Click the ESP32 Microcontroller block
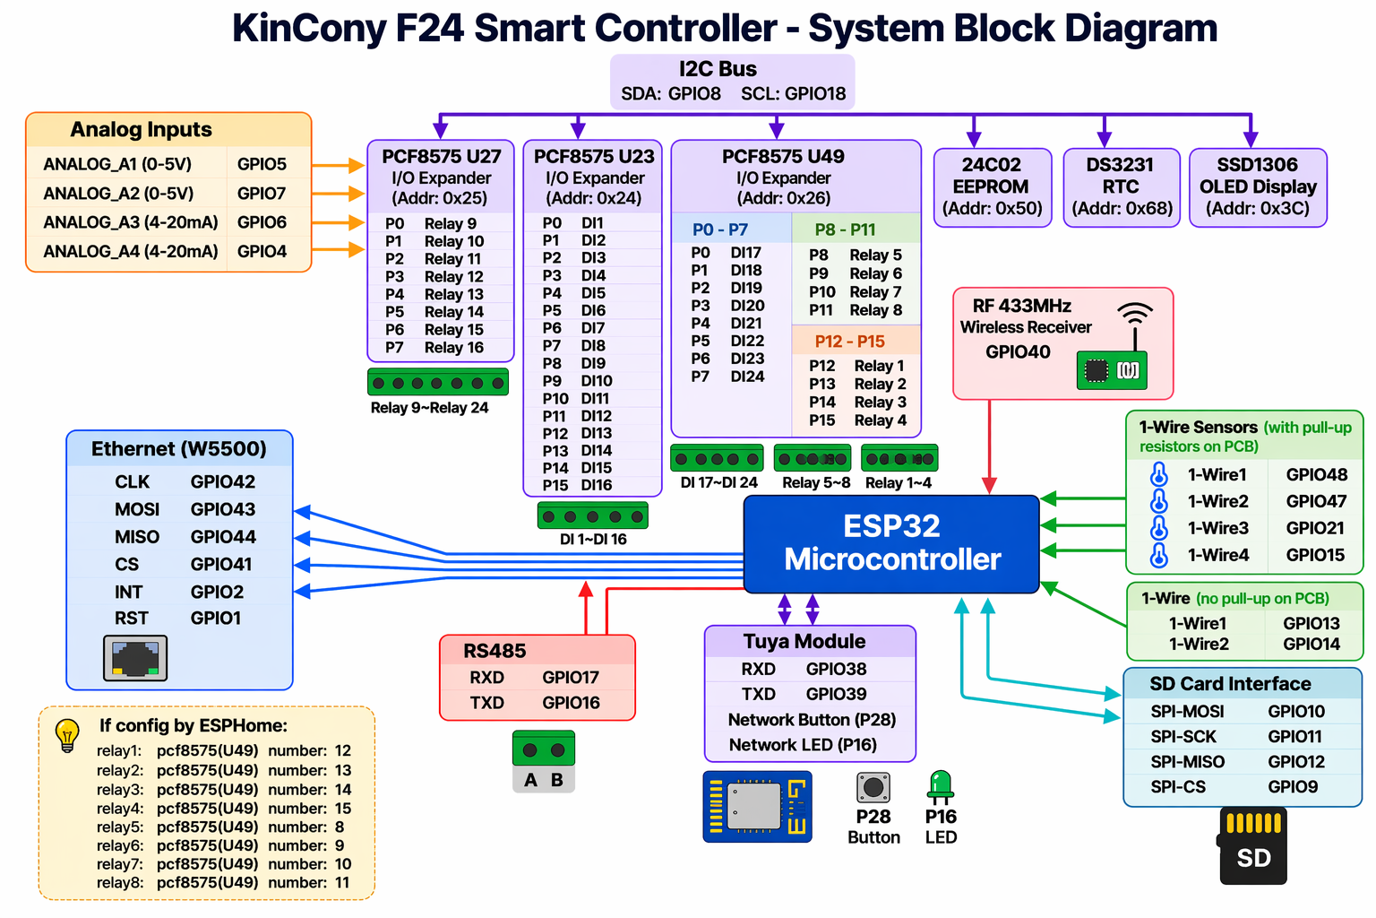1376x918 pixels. pyautogui.click(x=891, y=543)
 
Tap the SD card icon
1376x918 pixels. pyautogui.click(x=1253, y=846)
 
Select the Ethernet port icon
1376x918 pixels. pyautogui.click(x=135, y=658)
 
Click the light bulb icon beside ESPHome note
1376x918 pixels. pyautogui.click(x=67, y=734)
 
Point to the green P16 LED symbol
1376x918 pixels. pyautogui.click(x=941, y=785)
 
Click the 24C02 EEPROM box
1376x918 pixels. pyautogui.click(x=992, y=186)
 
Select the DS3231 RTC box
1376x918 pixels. pyautogui.click(x=1121, y=186)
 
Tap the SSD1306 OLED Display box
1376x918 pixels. pyautogui.click(x=1258, y=186)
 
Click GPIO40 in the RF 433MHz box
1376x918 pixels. pyautogui.click(x=1018, y=352)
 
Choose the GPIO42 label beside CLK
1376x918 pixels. pyautogui.click(x=223, y=482)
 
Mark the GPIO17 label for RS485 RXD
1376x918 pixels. pyautogui.click(x=571, y=678)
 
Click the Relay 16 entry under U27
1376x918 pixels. pyautogui.click(x=453, y=348)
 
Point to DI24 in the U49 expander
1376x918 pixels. pyautogui.click(x=747, y=377)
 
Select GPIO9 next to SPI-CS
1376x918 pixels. pyautogui.click(x=1293, y=787)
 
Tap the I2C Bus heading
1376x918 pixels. pyautogui.click(x=718, y=69)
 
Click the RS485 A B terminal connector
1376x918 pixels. pyautogui.click(x=544, y=760)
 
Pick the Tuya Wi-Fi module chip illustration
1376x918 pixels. pyautogui.click(x=757, y=806)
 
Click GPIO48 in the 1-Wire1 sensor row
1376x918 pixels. pyautogui.click(x=1316, y=475)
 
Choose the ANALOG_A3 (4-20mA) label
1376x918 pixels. pyautogui.click(x=131, y=222)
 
